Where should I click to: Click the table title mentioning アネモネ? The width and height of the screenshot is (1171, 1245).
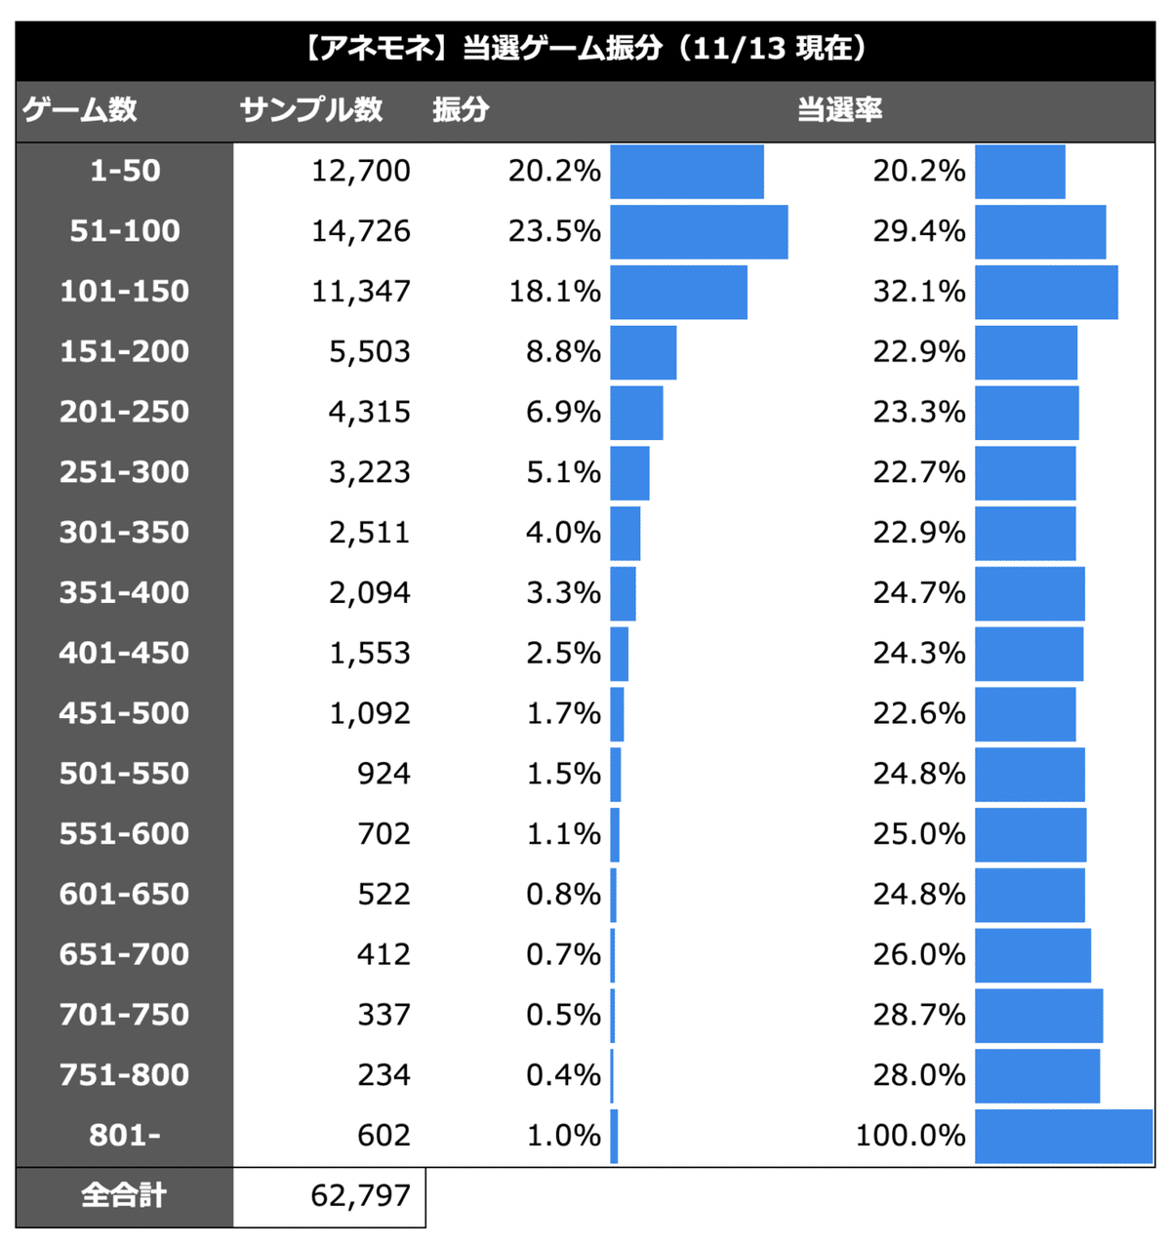coord(585,49)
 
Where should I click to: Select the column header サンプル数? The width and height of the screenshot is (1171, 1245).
coord(311,109)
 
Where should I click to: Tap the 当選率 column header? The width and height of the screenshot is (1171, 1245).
coord(839,109)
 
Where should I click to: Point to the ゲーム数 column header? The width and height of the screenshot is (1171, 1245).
coord(80,109)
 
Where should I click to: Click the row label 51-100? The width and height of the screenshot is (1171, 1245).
coord(125,231)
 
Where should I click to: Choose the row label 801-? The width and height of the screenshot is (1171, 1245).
coord(125,1136)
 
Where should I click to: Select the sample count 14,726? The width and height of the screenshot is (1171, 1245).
coord(361,231)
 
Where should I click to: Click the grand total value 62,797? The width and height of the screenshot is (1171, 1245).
coord(361,1195)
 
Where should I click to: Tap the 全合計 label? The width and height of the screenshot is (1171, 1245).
coord(124,1195)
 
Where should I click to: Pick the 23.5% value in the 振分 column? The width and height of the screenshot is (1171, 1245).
coord(554,231)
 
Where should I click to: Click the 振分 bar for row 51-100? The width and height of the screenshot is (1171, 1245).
coord(699,232)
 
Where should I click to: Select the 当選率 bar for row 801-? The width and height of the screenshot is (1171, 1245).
coord(1064,1137)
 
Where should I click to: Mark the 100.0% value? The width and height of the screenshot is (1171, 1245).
coord(910,1136)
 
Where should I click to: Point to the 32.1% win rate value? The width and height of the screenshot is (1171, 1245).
coord(918,292)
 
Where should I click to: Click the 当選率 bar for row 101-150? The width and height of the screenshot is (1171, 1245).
coord(1046,293)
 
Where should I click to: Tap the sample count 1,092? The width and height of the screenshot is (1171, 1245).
coord(370,713)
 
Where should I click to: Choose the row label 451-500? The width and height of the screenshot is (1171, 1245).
coord(125,713)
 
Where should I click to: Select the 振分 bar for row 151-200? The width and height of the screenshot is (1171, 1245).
coord(643,352)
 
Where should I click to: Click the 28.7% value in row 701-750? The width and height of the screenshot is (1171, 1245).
coord(918,1015)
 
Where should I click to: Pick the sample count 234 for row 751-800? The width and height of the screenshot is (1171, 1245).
coord(384,1075)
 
